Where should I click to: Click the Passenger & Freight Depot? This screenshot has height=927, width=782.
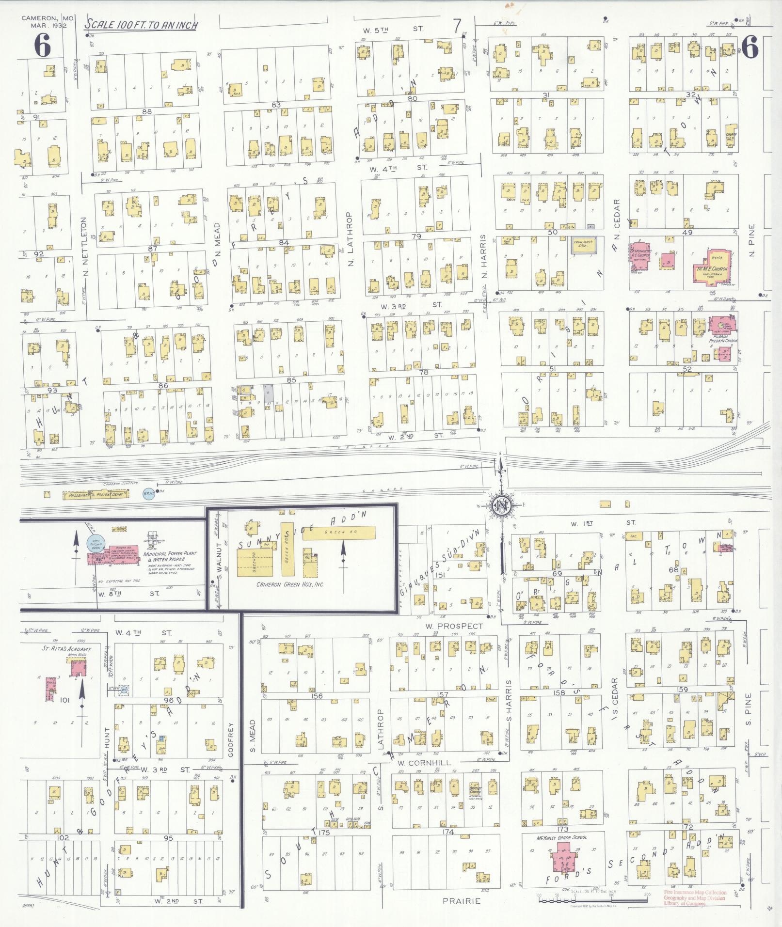coord(96,495)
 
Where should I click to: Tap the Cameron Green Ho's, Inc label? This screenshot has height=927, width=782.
coord(289,584)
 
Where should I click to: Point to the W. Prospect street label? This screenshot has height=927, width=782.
coord(454,626)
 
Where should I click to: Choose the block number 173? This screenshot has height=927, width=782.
coord(562,829)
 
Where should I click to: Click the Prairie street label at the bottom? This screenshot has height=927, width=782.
coord(462,901)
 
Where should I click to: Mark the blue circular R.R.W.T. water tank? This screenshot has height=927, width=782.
coord(149,494)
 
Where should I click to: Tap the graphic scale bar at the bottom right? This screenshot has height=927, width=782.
coord(591,900)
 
